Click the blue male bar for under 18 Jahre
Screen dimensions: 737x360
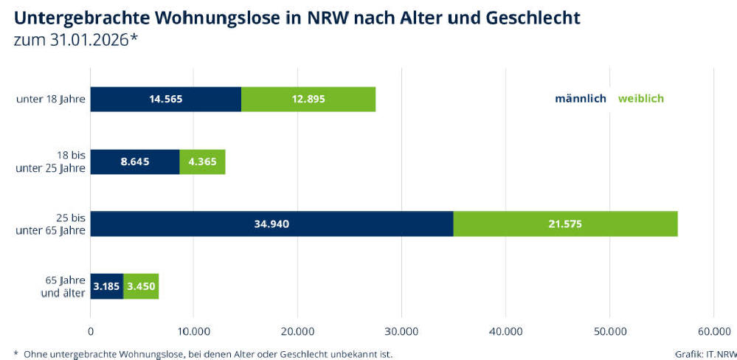click(166, 99)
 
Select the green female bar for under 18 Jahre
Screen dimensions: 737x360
click(308, 99)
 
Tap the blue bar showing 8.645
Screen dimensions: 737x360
click(135, 162)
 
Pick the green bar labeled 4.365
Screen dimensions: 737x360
click(203, 162)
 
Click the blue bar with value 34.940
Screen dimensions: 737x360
click(271, 224)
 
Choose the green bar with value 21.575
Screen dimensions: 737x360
click(565, 224)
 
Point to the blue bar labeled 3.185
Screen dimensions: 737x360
click(107, 286)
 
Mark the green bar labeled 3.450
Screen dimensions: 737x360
click(141, 286)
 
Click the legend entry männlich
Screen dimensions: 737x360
click(581, 99)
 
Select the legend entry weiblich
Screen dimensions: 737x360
click(640, 99)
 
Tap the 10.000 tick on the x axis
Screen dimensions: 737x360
click(193, 331)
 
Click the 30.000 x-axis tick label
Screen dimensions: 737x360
click(401, 331)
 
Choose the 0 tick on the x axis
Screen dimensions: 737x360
click(90, 331)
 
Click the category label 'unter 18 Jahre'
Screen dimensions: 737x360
click(51, 99)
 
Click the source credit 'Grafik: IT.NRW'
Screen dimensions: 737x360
click(705, 353)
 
